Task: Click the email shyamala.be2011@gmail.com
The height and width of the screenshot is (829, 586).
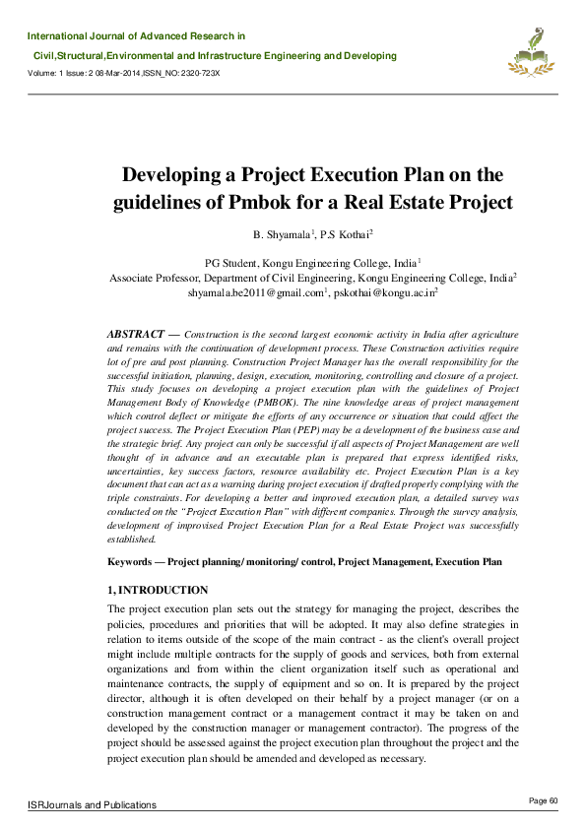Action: pos(255,292)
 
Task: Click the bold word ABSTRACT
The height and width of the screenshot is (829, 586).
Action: pos(135,336)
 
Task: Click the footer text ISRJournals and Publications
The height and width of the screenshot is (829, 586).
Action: pos(93,804)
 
